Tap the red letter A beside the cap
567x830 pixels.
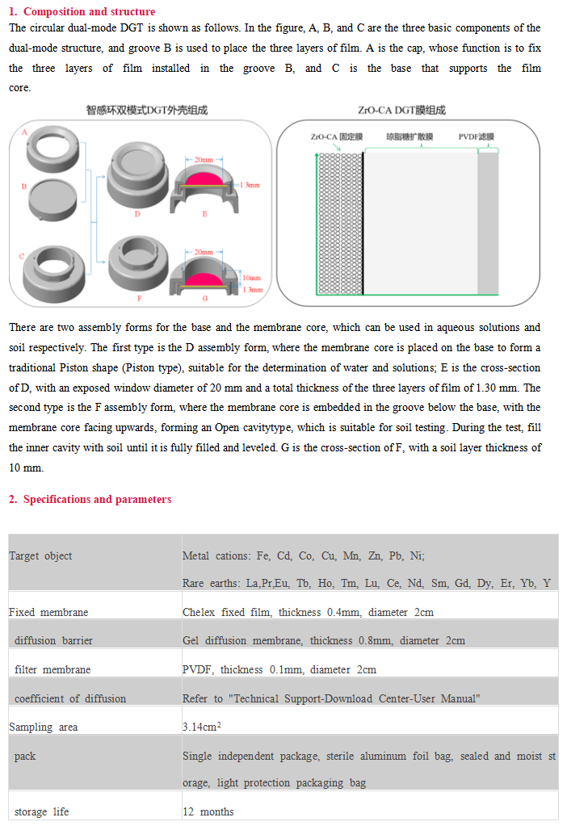(24, 132)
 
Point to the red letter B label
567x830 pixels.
(23, 187)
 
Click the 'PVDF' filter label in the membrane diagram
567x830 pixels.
(476, 136)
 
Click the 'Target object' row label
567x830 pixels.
(40, 555)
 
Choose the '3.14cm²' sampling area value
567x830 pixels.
(202, 727)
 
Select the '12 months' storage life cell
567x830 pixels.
(208, 811)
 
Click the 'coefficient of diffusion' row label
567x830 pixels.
(70, 698)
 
